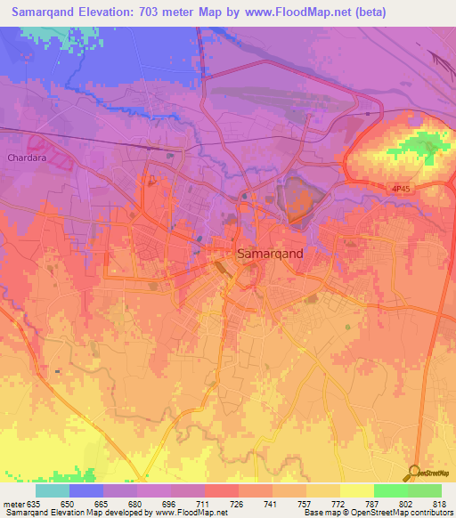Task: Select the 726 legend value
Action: pyautogui.click(x=238, y=504)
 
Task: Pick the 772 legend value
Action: pyautogui.click(x=339, y=504)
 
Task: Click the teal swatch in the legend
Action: pyautogui.click(x=53, y=490)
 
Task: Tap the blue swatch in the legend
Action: pyautogui.click(x=86, y=490)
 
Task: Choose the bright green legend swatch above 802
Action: pyautogui.click(x=390, y=490)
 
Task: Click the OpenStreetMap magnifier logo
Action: pyautogui.click(x=415, y=473)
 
